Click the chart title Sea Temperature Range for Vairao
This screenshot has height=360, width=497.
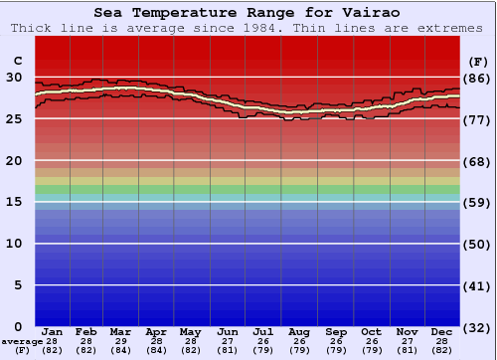click(x=248, y=13)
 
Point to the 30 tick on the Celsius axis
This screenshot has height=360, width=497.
click(x=14, y=77)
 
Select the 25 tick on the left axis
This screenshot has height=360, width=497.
click(x=14, y=118)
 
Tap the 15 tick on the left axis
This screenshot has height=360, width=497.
click(x=14, y=202)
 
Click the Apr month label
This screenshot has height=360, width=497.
click(x=156, y=332)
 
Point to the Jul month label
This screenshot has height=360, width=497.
click(x=262, y=332)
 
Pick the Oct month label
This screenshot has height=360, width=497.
click(x=371, y=332)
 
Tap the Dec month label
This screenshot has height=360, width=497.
click(x=442, y=332)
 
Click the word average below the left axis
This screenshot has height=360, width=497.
click(x=22, y=341)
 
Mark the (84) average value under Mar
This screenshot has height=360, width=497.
click(x=121, y=350)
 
